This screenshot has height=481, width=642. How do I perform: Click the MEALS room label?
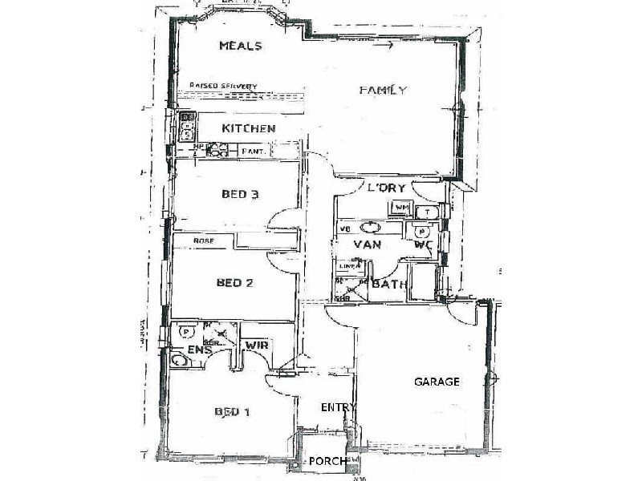[241, 46]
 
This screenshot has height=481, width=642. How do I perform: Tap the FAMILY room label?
[383, 90]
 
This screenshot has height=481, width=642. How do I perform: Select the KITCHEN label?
[249, 128]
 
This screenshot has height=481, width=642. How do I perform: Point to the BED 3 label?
[240, 193]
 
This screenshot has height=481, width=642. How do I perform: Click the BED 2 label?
[234, 282]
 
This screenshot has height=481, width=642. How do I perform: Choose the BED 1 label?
[232, 412]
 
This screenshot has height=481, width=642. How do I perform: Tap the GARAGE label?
[437, 382]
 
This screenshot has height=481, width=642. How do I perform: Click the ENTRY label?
[338, 407]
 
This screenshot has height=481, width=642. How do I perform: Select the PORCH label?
[327, 461]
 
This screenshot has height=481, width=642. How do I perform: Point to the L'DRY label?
[386, 188]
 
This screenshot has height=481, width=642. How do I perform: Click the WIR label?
[256, 345]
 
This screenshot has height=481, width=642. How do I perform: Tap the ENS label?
[199, 350]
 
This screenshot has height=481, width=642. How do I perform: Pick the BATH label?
[390, 284]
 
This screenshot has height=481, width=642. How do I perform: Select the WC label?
[423, 245]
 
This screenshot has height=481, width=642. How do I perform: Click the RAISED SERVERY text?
[223, 86]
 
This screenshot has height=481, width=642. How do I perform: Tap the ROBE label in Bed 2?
[201, 240]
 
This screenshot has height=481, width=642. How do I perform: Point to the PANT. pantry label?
[254, 151]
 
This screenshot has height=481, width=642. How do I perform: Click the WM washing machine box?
[400, 209]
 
